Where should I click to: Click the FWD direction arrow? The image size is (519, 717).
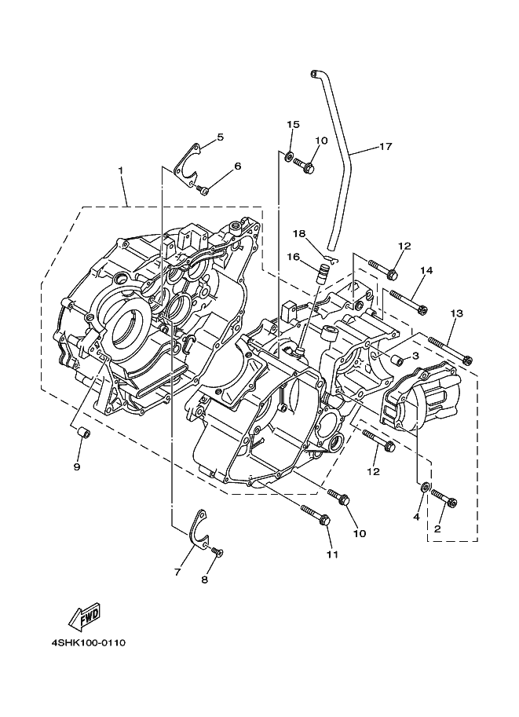(84, 616)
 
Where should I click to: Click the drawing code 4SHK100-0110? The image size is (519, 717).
(88, 643)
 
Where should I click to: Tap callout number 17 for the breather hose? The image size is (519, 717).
(386, 147)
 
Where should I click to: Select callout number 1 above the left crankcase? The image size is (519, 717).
(121, 170)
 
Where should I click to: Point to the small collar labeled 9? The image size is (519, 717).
(82, 433)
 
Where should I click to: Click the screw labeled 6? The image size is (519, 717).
(203, 188)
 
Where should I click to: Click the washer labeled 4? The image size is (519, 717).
(426, 487)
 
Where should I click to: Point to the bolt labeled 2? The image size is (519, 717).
(444, 497)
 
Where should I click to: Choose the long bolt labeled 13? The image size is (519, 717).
(451, 349)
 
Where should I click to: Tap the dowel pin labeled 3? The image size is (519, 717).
(397, 360)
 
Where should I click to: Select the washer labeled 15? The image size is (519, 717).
(288, 156)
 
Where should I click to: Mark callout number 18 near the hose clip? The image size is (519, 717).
(299, 234)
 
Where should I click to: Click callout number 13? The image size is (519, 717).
(456, 313)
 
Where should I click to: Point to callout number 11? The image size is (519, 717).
(332, 554)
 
